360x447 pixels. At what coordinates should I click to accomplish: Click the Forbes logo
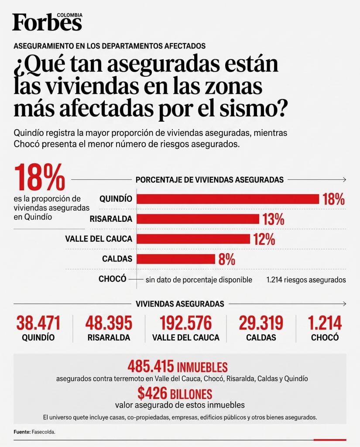coord(47,22)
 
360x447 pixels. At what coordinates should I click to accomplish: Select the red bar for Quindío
coord(228,199)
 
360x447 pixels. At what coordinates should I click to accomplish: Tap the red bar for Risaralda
coord(198,219)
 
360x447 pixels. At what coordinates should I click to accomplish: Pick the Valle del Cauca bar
coord(193,239)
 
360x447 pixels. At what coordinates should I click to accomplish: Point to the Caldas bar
coord(175,259)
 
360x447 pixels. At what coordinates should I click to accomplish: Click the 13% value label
coord(273,219)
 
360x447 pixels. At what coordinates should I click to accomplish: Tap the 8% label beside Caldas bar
coord(227,259)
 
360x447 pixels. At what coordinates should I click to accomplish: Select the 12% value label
coord(264,239)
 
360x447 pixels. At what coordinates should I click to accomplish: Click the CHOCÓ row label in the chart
coord(112,279)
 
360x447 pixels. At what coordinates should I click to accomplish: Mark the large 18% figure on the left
coord(39,177)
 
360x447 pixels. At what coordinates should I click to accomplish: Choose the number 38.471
coord(38,323)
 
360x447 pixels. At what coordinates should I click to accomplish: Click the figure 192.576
coord(185,323)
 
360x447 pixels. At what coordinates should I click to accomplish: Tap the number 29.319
coord(261,323)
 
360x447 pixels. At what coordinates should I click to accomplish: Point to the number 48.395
coord(109,323)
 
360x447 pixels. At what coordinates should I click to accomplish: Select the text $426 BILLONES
coord(175,393)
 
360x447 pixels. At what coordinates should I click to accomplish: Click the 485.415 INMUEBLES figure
coord(178,367)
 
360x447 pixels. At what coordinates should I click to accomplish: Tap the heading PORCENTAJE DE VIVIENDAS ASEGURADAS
coord(209,180)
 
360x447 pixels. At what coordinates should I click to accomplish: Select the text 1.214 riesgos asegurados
coord(306,280)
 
